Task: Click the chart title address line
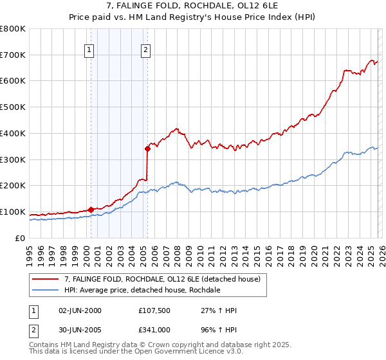point(192,6)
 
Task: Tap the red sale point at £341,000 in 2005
point(148,148)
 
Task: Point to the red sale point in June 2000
point(91,210)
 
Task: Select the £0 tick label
point(20,238)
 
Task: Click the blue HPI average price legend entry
point(142,291)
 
